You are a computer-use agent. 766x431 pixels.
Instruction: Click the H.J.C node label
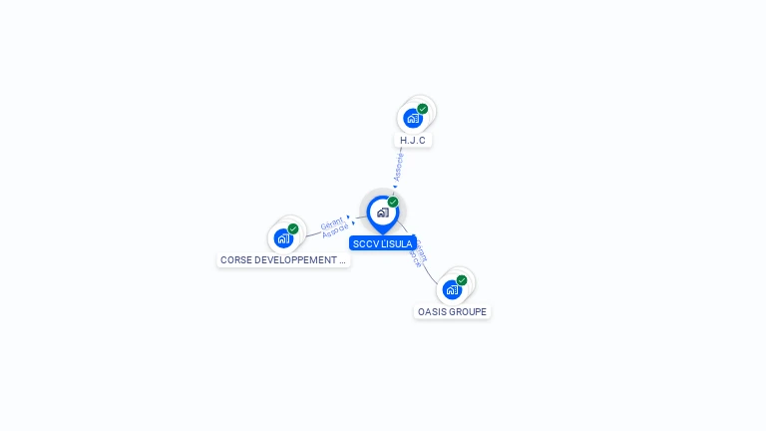[413, 141]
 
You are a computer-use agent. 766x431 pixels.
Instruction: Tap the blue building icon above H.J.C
[412, 119]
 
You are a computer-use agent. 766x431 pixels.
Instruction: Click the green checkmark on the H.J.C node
[423, 109]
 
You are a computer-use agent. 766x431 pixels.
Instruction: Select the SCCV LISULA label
[383, 243]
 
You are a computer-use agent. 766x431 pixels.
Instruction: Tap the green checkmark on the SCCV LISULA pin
[393, 203]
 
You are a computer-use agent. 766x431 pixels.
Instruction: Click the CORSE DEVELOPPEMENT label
[283, 260]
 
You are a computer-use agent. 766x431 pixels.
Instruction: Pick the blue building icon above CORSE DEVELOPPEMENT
[283, 238]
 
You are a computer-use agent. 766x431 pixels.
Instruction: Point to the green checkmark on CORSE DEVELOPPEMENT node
[293, 228]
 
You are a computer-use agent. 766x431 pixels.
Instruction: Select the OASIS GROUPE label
[453, 312]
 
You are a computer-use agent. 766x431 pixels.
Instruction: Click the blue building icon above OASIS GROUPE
[452, 290]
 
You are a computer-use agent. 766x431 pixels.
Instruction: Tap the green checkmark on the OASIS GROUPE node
[462, 280]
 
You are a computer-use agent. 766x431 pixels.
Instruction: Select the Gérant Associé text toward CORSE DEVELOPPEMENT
[334, 224]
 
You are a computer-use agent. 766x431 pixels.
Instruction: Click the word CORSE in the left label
[236, 260]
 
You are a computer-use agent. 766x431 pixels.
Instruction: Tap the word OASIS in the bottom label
[431, 312]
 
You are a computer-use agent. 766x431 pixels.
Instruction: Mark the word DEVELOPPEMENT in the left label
[294, 260]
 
